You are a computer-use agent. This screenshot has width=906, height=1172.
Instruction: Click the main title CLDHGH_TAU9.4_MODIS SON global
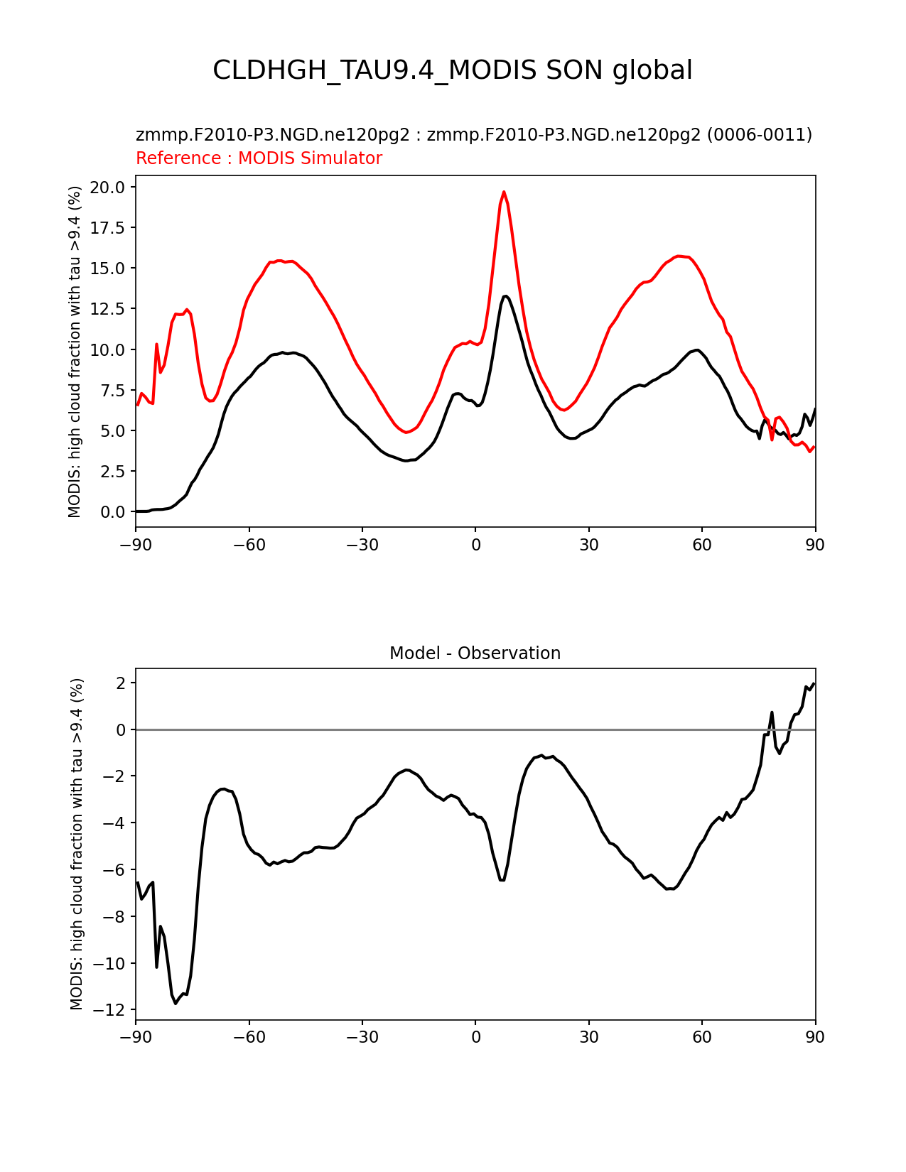[453, 70]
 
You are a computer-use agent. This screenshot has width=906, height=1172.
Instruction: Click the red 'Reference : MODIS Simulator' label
[259, 158]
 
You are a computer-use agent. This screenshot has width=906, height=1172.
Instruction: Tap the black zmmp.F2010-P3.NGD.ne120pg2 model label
[473, 135]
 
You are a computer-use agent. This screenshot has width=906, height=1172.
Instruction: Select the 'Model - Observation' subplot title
[475, 653]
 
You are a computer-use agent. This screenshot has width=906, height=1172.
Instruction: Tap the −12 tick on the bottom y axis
[113, 1010]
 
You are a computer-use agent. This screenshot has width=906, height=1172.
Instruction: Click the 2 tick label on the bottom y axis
[121, 683]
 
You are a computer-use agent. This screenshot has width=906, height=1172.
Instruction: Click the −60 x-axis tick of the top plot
[249, 545]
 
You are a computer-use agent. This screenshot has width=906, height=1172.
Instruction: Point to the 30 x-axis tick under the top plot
[588, 545]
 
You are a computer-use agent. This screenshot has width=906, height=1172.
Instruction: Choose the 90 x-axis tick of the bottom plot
[815, 1037]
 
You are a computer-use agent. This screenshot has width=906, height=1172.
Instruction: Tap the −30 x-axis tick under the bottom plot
[362, 1037]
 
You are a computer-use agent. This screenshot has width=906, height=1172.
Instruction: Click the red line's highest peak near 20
[504, 192]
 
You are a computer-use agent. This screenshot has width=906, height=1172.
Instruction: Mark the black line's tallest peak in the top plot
[505, 296]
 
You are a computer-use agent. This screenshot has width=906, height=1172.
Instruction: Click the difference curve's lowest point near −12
[176, 1003]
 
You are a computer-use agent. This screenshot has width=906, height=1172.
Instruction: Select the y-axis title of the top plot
[75, 352]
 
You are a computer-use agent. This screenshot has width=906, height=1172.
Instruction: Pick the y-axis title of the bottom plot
[77, 844]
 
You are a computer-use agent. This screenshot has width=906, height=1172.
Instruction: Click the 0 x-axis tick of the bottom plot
[475, 1037]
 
